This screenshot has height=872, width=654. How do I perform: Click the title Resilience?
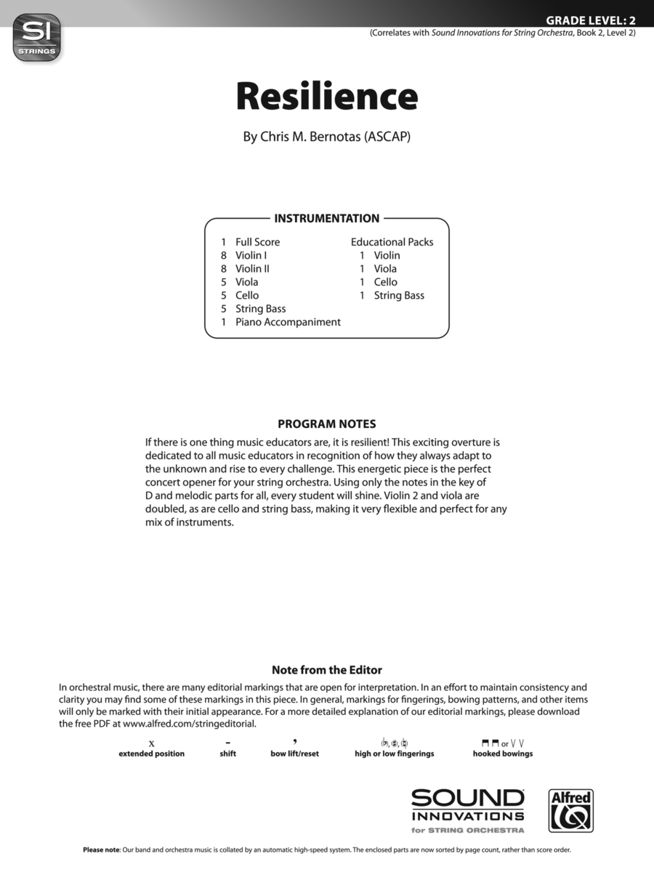[x=327, y=97]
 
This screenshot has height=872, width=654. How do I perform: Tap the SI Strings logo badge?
[x=37, y=38]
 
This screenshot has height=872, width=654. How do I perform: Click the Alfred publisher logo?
[x=570, y=811]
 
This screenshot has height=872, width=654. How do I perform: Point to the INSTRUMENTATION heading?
[x=326, y=218]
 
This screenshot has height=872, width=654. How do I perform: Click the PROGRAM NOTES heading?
[x=327, y=424]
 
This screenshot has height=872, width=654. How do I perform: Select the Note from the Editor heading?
[x=327, y=670]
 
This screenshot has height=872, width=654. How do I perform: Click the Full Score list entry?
[x=257, y=242]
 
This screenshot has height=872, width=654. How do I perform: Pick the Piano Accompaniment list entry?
[x=288, y=322]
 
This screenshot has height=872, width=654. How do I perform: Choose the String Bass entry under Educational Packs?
[x=399, y=295]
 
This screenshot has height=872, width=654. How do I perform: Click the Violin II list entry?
[x=252, y=269]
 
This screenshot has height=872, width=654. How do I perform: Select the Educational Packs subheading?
[x=392, y=242]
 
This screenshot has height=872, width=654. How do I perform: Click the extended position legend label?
[x=152, y=754]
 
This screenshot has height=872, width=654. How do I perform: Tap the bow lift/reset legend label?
[x=294, y=754]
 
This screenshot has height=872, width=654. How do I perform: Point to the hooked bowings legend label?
[x=503, y=754]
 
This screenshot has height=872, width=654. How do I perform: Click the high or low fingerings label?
[x=395, y=754]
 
